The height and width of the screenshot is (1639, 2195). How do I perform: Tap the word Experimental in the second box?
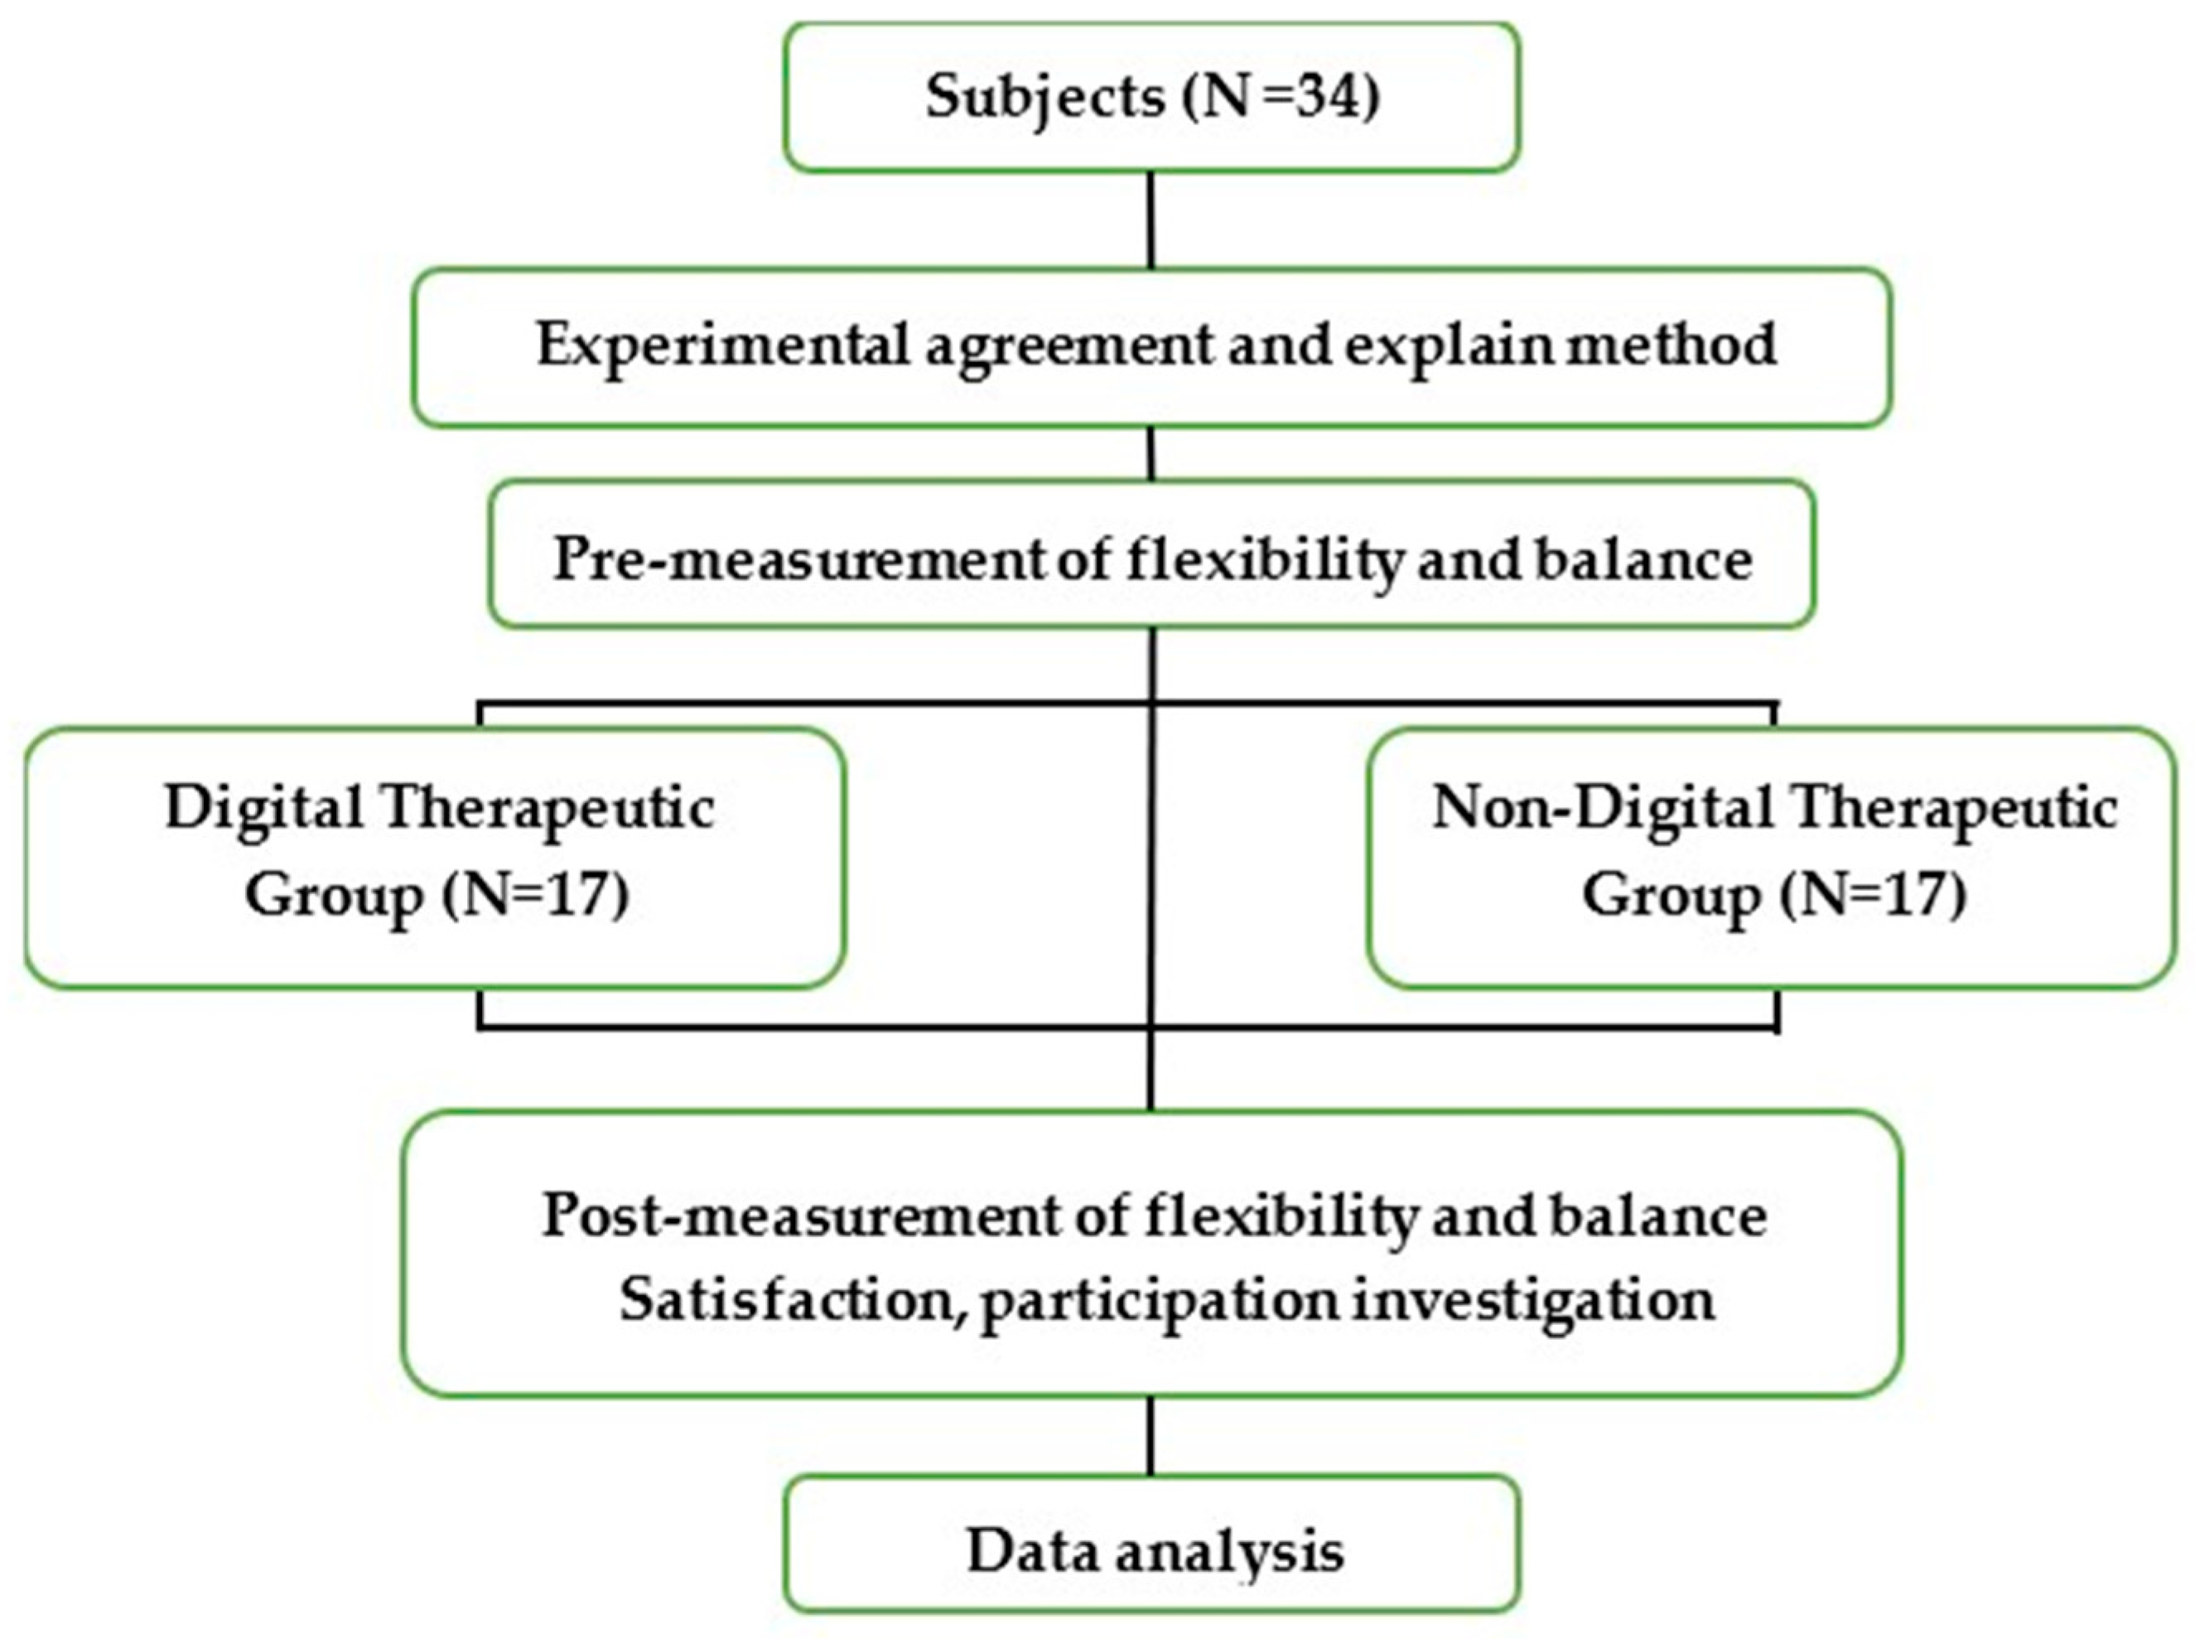(x=723, y=346)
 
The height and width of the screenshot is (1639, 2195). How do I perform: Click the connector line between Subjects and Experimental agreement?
(x=1151, y=220)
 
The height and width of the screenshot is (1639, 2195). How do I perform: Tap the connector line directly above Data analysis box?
(x=1151, y=1436)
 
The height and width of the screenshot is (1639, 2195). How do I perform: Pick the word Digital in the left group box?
(x=265, y=809)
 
